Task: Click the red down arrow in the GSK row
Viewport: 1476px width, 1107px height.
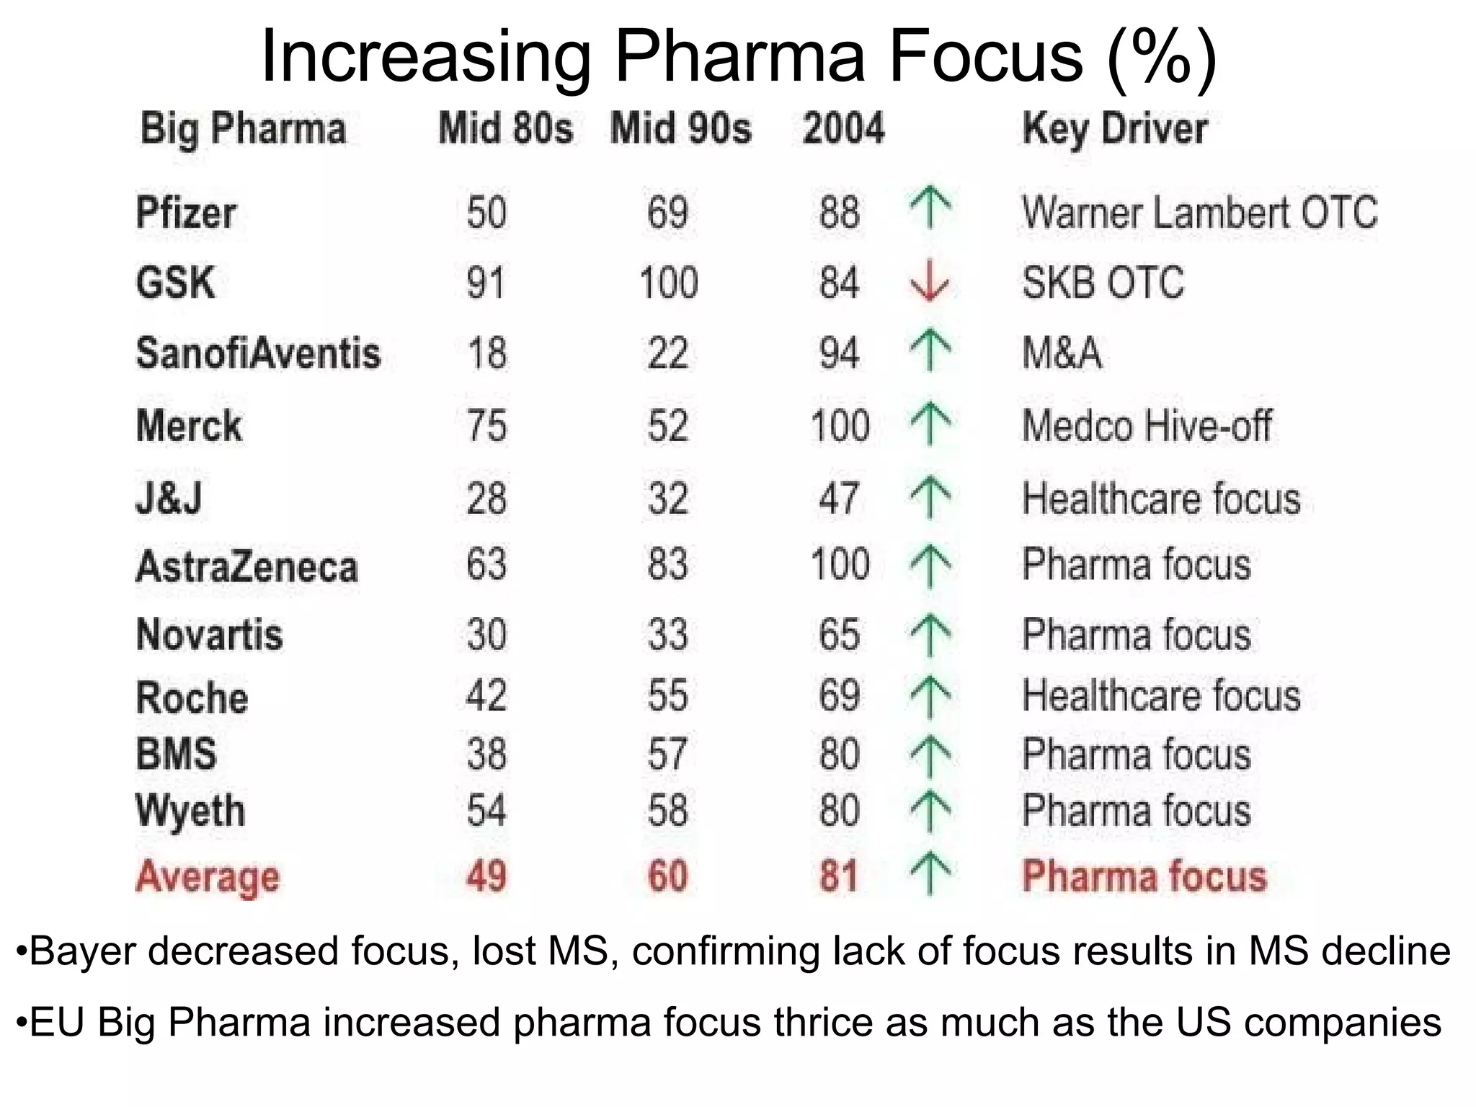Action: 930,281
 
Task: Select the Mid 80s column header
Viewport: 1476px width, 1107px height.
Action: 506,129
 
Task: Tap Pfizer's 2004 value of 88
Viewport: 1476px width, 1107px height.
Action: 839,213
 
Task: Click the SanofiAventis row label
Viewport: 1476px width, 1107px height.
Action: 258,354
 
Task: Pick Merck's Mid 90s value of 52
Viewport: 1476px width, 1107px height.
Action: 667,425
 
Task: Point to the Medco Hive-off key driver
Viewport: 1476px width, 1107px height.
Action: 1147,425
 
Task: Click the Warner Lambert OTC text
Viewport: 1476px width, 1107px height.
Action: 1200,213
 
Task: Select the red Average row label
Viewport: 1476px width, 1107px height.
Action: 208,877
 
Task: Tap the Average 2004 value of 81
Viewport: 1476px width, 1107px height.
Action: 839,876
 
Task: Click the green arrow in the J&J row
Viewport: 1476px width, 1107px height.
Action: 930,498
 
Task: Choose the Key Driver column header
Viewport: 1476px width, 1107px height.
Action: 1115,130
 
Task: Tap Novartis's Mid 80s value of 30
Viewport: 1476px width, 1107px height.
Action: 486,635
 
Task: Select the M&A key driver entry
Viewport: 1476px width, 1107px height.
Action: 1062,354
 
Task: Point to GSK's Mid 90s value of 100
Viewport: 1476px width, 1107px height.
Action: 669,283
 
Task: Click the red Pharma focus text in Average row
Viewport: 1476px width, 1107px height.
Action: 1144,876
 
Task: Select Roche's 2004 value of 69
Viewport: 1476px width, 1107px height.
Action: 839,696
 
